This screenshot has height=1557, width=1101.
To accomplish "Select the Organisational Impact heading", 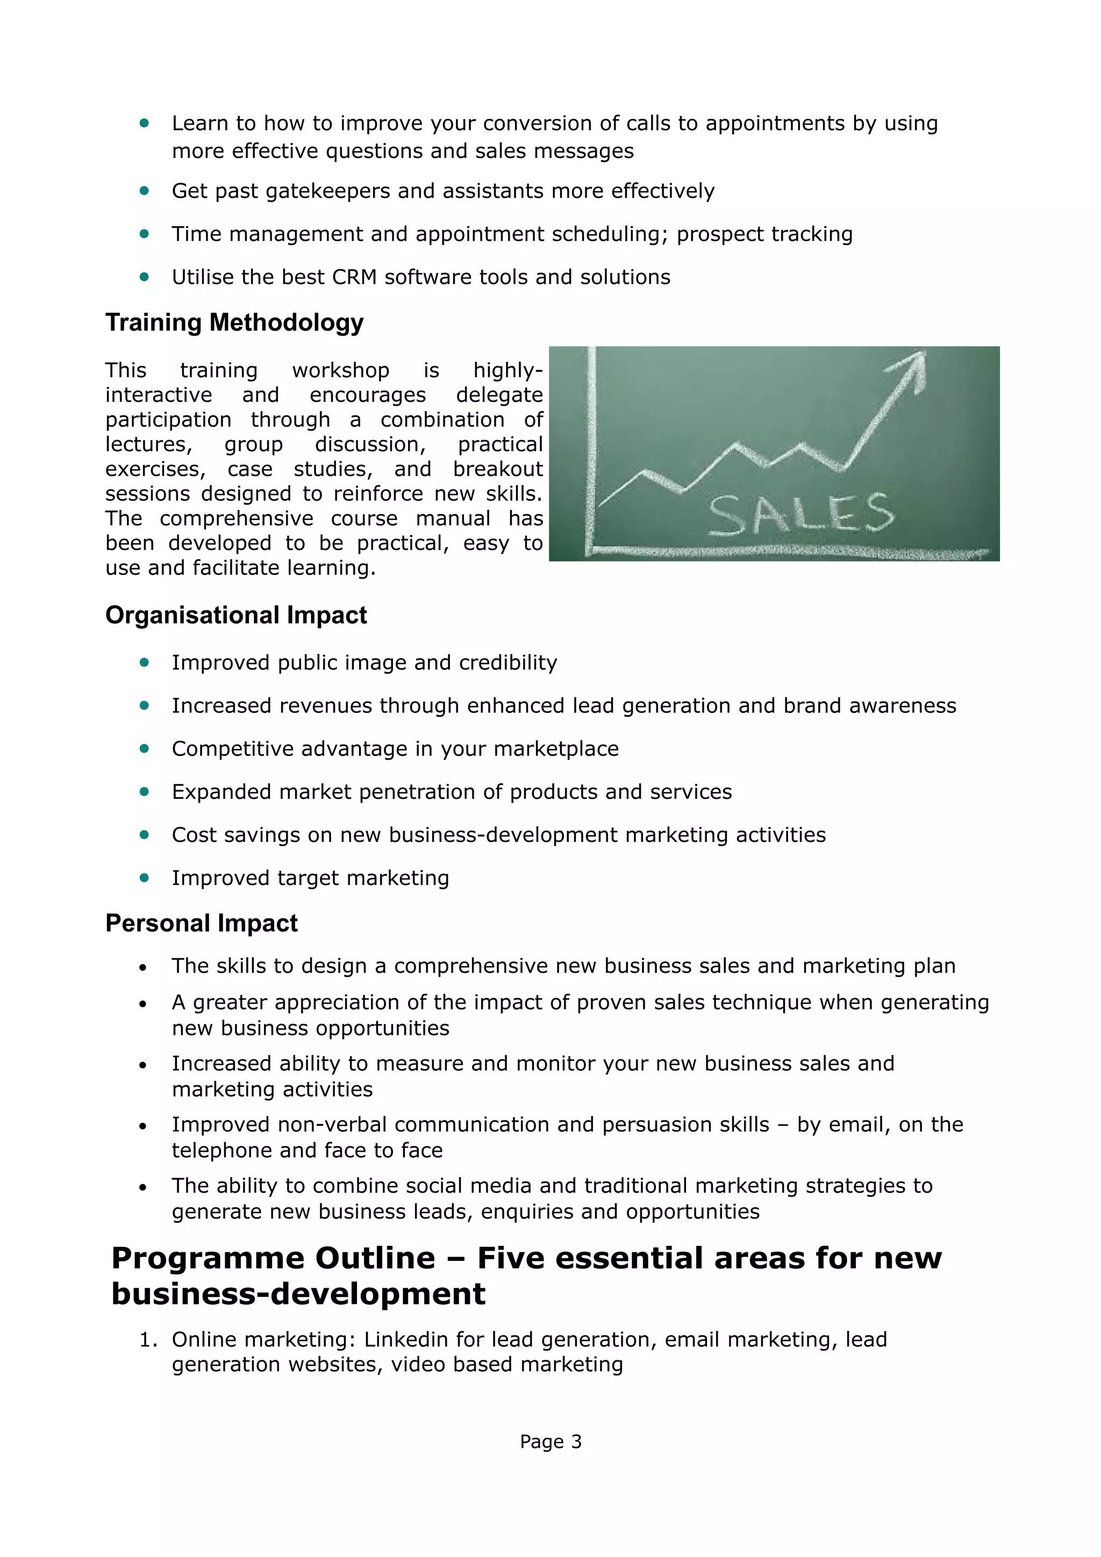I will click(235, 615).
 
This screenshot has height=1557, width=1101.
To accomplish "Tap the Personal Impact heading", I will click(202, 923).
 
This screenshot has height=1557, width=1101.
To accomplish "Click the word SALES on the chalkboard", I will click(800, 514).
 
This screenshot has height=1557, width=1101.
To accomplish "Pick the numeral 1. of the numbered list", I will click(147, 1339).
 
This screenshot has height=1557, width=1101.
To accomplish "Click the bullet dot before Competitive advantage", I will click(144, 748).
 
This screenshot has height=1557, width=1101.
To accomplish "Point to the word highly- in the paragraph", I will click(507, 370).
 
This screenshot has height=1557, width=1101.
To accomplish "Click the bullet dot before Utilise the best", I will click(144, 277).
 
